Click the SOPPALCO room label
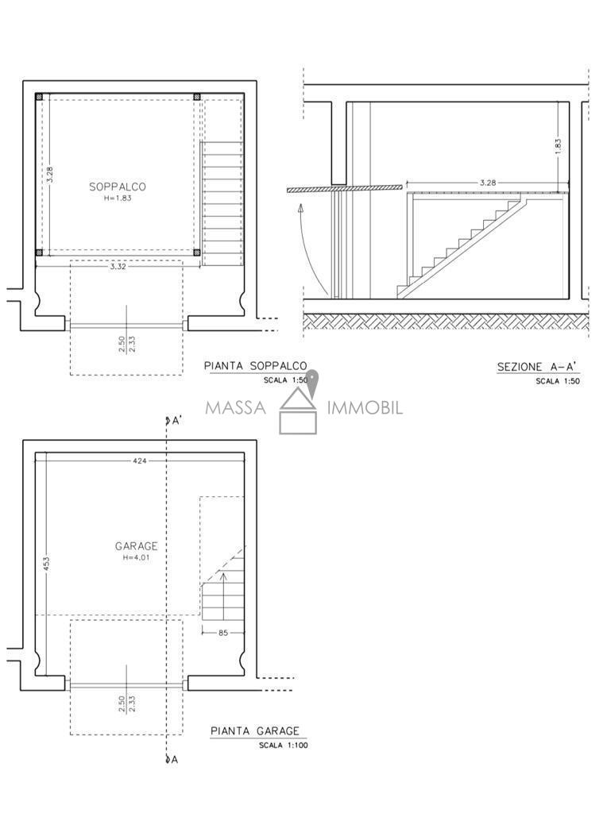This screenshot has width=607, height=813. (118, 187)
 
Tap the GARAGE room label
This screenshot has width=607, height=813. (136, 546)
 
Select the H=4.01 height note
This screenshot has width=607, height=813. (136, 558)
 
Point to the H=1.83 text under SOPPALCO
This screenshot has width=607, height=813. (118, 198)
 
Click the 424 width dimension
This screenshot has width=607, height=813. (140, 460)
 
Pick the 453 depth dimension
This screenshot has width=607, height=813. (46, 564)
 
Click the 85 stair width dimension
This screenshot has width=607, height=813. (223, 633)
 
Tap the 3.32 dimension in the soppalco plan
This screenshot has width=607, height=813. (118, 267)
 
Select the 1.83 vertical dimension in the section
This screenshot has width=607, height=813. (559, 146)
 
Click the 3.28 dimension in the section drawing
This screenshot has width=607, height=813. (488, 183)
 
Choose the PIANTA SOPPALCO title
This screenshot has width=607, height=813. (255, 366)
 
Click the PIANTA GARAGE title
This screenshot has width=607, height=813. (255, 731)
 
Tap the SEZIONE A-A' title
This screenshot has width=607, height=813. (538, 367)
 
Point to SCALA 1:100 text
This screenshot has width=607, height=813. (284, 746)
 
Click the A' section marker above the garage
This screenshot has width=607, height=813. (172, 421)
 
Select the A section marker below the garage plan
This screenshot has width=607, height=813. (172, 760)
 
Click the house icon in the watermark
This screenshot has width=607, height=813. (298, 410)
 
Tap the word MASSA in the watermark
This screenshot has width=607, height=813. (235, 407)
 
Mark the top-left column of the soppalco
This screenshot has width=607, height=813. (40, 96)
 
